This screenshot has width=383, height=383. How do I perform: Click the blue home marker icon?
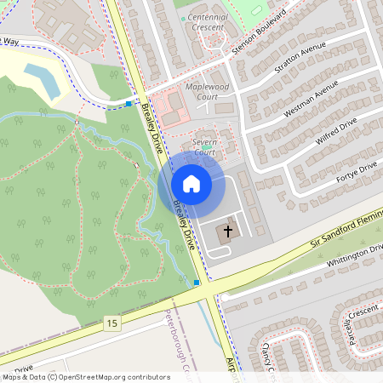tap(191, 184)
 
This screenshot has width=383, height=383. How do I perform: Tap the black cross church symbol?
tap(227, 232)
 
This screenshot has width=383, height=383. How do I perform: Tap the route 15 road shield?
tap(112, 323)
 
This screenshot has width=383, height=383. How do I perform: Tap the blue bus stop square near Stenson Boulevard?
tap(129, 104)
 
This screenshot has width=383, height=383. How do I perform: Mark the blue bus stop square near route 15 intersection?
tap(197, 282)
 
